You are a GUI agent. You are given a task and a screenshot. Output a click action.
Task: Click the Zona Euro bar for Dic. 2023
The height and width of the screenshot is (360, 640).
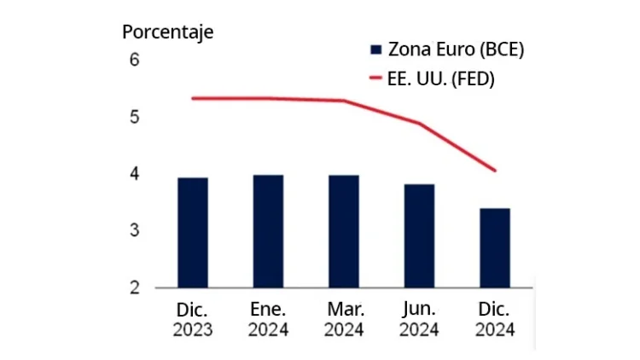(x=192, y=233)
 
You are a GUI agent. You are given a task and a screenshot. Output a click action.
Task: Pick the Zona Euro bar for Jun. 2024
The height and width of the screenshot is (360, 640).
(x=418, y=236)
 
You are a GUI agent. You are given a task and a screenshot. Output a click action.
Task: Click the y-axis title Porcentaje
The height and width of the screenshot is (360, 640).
(x=167, y=32)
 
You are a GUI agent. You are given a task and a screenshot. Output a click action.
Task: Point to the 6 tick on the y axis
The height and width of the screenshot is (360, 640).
(x=134, y=61)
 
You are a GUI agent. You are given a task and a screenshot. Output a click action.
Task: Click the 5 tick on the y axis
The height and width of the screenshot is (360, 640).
(x=134, y=117)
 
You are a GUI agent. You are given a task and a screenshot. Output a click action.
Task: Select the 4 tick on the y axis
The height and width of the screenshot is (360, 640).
(x=134, y=174)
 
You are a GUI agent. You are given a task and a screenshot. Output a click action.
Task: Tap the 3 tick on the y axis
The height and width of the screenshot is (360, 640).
(x=134, y=231)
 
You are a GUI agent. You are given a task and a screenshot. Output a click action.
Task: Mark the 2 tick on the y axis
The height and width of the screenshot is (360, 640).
(x=134, y=287)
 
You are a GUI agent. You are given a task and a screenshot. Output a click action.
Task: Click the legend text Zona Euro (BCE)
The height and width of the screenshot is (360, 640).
(x=456, y=49)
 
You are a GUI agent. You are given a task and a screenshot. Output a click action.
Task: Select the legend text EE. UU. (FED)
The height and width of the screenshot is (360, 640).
(x=442, y=78)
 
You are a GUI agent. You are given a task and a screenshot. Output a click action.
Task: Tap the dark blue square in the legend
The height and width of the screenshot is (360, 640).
(x=375, y=49)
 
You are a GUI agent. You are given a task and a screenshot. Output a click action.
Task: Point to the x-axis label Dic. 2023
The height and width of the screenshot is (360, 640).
(x=192, y=317)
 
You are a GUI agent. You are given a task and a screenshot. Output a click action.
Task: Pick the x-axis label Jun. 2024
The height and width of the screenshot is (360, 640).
(x=418, y=317)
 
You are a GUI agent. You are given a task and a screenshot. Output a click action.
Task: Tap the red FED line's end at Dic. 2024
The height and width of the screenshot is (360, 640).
(x=494, y=171)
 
